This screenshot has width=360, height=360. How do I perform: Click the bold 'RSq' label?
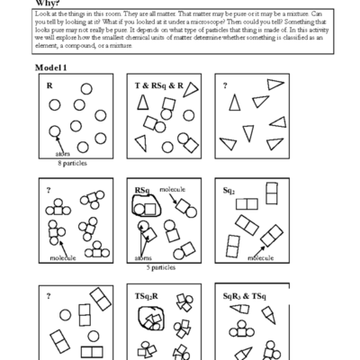(140, 190)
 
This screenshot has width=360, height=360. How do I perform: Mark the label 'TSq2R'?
(149, 295)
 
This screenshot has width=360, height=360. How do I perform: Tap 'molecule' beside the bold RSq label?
(172, 191)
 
